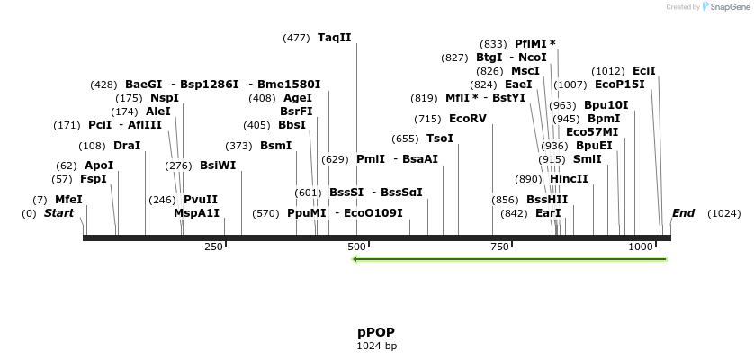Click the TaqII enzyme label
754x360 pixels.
click(x=335, y=38)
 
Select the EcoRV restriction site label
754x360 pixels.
click(x=467, y=119)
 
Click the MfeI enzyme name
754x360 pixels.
click(x=68, y=200)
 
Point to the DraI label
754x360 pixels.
click(x=127, y=146)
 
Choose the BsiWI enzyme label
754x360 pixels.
click(x=218, y=166)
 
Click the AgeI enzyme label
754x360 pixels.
click(x=298, y=98)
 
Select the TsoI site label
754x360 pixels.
click(x=440, y=139)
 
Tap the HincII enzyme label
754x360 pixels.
click(x=569, y=179)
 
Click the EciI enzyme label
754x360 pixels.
click(x=644, y=71)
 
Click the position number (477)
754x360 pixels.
click(x=296, y=38)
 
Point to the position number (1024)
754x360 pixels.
click(x=723, y=213)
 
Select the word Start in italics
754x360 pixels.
click(x=58, y=213)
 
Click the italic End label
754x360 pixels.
click(x=683, y=213)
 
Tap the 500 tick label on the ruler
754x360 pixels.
click(x=357, y=247)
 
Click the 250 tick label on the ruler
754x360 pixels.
click(x=214, y=247)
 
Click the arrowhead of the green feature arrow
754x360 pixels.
click(x=356, y=259)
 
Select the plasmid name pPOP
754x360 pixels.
click(x=376, y=332)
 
